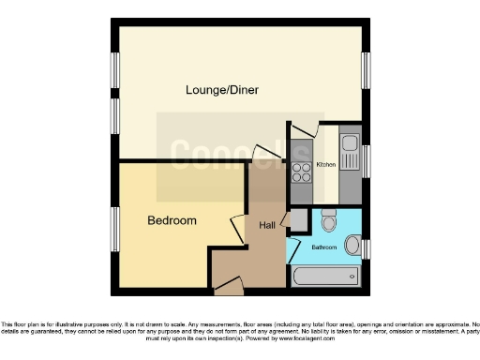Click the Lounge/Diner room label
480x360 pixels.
tap(221, 90)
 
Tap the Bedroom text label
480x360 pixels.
tap(172, 221)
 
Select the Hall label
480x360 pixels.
tap(266, 225)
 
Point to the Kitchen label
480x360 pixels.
tap(325, 165)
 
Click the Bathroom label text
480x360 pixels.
tap(324, 246)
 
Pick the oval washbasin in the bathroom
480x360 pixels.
tap(352, 246)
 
